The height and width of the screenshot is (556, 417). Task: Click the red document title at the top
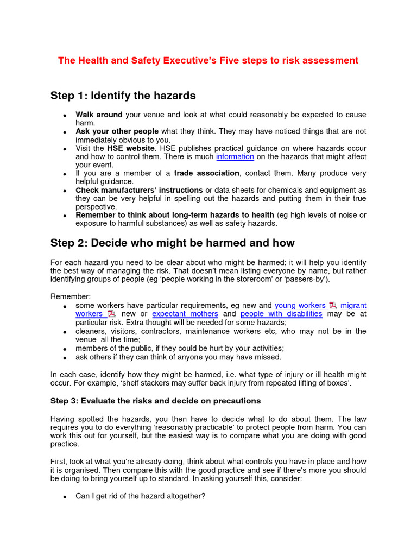208,60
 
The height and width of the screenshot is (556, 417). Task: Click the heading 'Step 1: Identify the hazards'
123,96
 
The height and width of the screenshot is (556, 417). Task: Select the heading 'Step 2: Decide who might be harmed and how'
172,243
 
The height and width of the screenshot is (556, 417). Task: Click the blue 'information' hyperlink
235,156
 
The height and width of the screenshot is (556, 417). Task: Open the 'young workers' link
300,306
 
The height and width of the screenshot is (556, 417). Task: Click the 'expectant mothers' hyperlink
185,314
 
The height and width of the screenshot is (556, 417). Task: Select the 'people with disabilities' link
281,314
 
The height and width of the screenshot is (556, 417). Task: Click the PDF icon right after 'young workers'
332,306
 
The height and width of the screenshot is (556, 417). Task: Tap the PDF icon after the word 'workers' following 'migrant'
111,314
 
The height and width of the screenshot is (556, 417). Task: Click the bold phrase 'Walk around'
99,115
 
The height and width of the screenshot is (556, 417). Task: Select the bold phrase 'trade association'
206,173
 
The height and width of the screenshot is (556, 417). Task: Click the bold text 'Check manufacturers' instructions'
139,190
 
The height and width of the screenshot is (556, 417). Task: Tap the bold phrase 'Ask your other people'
117,131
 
